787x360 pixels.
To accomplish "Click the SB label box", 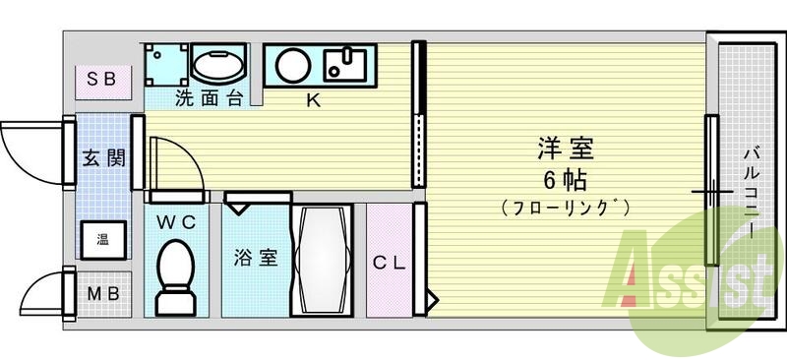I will pyautogui.click(x=102, y=79).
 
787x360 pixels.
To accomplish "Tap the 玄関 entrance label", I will pyautogui.click(x=102, y=157).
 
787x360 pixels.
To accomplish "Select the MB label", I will pyautogui.click(x=102, y=294).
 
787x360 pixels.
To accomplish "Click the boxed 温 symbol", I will pyautogui.click(x=102, y=238).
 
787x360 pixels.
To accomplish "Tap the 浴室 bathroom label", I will pyautogui.click(x=255, y=259).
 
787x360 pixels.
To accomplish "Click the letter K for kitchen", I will pyautogui.click(x=313, y=99).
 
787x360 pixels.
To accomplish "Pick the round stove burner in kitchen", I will pyautogui.click(x=291, y=66).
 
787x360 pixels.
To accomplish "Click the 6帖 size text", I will pyautogui.click(x=565, y=180).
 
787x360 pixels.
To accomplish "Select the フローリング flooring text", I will pyautogui.click(x=565, y=208).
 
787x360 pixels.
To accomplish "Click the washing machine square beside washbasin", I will pyautogui.click(x=164, y=64).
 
